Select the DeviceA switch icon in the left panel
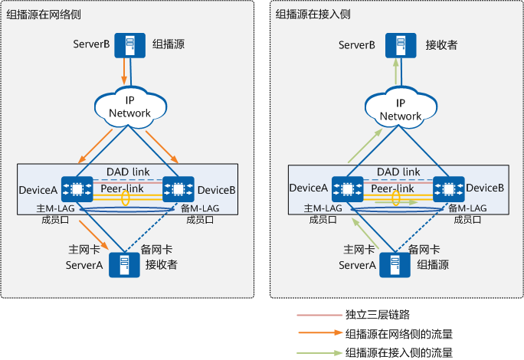click(x=77, y=188)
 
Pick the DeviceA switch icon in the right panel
click(x=347, y=188)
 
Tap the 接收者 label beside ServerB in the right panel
click(x=441, y=45)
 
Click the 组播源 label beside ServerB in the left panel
click(x=168, y=45)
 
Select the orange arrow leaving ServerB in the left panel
click(x=124, y=73)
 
